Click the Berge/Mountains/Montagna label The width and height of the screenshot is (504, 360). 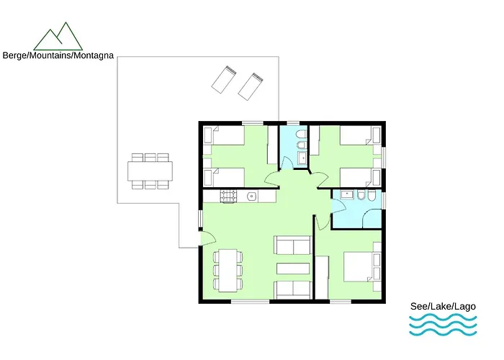[58, 55]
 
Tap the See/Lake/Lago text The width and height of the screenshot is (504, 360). [443, 306]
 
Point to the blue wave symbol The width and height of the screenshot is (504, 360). [443, 325]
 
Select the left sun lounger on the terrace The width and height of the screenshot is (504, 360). [225, 79]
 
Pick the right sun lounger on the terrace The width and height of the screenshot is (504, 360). [251, 87]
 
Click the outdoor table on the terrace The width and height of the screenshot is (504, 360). [150, 171]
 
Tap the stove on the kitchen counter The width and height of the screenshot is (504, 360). [228, 196]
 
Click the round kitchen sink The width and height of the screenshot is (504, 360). [251, 196]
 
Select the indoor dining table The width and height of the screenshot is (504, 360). [228, 270]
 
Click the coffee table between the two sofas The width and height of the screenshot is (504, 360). [293, 269]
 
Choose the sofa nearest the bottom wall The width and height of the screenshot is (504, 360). [293, 289]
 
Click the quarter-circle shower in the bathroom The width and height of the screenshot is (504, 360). [372, 219]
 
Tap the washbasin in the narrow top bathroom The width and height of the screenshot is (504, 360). [302, 158]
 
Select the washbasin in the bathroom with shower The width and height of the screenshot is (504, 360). [347, 194]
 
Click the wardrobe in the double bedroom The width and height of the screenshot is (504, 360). [322, 277]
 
